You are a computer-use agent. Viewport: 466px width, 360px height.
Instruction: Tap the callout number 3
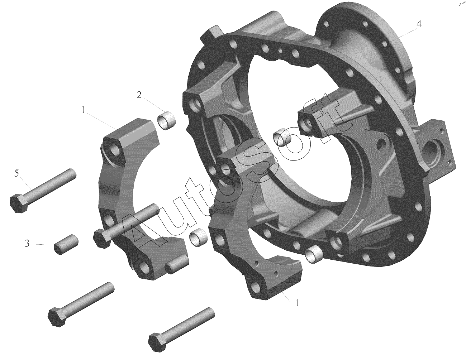(27, 244)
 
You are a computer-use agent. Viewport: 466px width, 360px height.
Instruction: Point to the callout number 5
(16, 173)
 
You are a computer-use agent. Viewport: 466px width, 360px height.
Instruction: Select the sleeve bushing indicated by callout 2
(166, 120)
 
